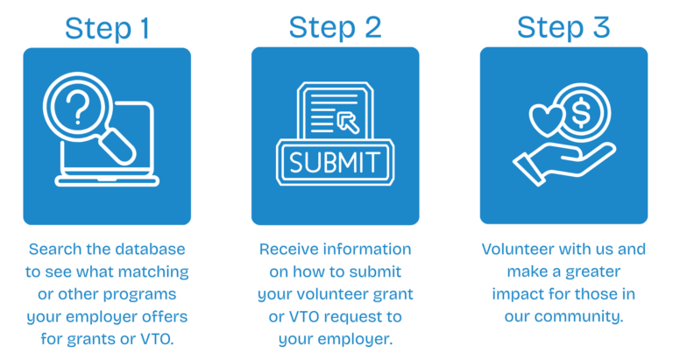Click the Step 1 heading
point(107,29)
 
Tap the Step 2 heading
point(336,28)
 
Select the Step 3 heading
point(563,28)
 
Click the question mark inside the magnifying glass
point(77,108)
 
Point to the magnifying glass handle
point(117,147)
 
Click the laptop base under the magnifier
point(107,180)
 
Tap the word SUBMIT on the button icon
point(335,162)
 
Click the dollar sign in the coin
point(581,112)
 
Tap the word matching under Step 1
point(153,272)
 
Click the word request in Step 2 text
point(349,317)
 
